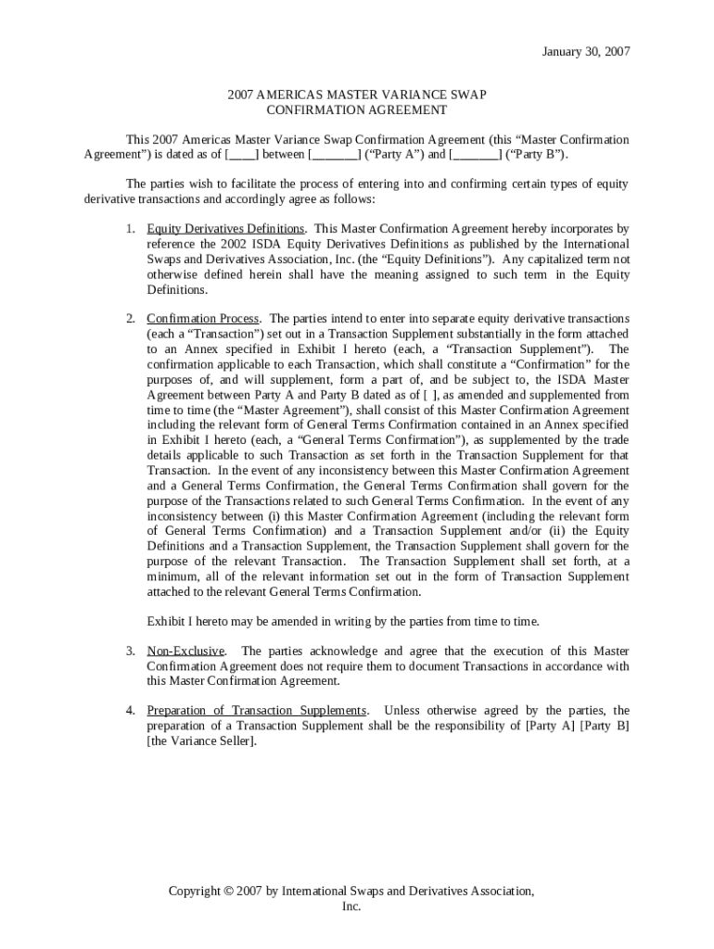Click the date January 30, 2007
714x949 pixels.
(x=585, y=52)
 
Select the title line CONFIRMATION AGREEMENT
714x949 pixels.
(x=356, y=109)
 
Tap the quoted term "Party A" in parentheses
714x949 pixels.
(x=394, y=154)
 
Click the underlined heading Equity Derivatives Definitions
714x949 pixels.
(x=225, y=228)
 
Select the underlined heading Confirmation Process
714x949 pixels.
(x=203, y=319)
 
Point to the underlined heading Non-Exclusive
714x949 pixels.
(x=185, y=651)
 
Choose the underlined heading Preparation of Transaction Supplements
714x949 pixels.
(x=257, y=711)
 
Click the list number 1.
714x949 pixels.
(x=131, y=228)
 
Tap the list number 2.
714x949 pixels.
(x=131, y=319)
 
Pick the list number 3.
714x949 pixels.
(x=131, y=651)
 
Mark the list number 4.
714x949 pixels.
(x=131, y=711)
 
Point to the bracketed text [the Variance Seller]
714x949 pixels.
(x=201, y=741)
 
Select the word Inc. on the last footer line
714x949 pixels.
(x=351, y=906)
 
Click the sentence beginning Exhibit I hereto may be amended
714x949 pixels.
(x=343, y=621)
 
